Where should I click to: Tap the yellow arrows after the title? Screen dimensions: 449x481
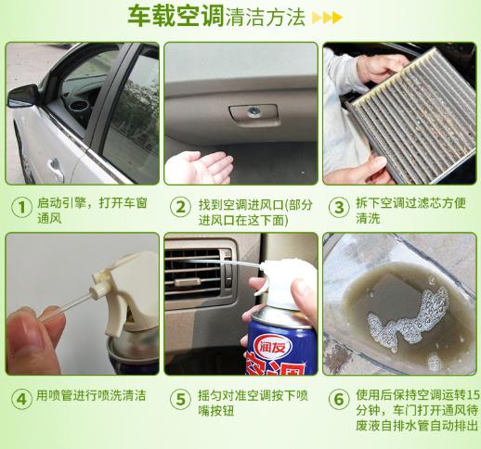tap(326, 18)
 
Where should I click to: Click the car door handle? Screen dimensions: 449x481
tap(55, 167)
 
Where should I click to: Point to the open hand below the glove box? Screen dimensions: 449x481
tap(201, 167)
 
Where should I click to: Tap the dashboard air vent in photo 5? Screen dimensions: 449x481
tap(199, 270)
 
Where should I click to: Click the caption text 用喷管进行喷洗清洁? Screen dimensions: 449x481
tap(90, 397)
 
